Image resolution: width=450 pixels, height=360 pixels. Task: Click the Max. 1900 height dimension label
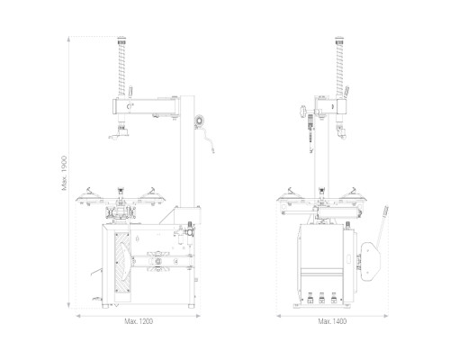64,173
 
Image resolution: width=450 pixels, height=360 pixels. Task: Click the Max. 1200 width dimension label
139,321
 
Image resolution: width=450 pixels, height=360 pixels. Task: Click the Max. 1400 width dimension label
332,321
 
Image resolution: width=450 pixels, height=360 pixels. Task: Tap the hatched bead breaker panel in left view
122,263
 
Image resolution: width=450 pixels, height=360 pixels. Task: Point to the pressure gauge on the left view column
199,120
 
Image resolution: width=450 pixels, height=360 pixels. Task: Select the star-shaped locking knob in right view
302,112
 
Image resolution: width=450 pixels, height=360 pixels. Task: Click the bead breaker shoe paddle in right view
371,261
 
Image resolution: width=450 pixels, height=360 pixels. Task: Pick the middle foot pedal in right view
321,298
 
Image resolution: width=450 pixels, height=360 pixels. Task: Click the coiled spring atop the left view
121,67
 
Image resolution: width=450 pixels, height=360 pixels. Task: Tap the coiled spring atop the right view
339,67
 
